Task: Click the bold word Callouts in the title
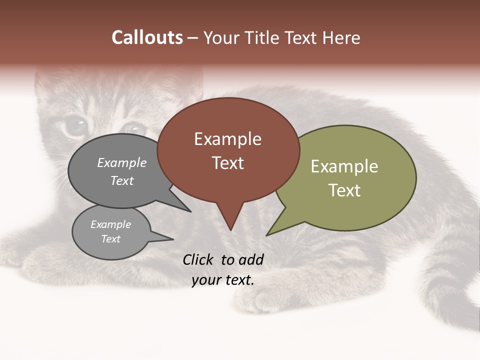(147, 38)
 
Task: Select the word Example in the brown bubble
(227, 139)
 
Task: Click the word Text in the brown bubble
(228, 163)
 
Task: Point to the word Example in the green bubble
(344, 166)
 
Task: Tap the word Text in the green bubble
(344, 190)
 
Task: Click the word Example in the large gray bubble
(121, 163)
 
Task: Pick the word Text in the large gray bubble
(121, 180)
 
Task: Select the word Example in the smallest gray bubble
(110, 224)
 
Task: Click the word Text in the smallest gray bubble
(110, 239)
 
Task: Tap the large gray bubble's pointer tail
(185, 209)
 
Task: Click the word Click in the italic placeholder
(198, 259)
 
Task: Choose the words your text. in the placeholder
(223, 280)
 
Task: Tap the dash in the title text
(193, 38)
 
